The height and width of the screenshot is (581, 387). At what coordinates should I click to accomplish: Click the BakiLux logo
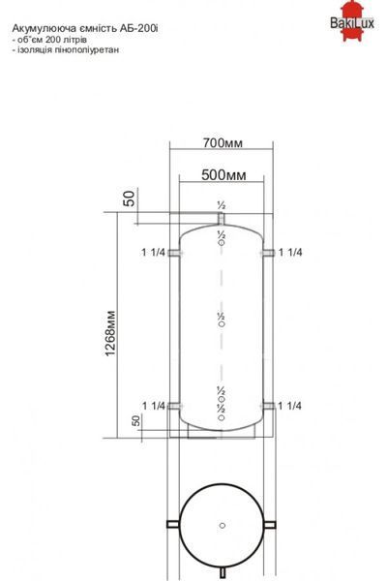click(x=352, y=21)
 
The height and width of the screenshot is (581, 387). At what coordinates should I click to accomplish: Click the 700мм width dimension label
click(x=223, y=142)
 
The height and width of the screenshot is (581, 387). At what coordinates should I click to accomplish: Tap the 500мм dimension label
click(x=223, y=175)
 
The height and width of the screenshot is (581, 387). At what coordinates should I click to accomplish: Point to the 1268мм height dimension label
click(x=110, y=333)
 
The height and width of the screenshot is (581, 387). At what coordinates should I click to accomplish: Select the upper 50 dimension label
click(x=129, y=199)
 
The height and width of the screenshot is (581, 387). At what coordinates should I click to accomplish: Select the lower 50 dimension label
click(x=135, y=420)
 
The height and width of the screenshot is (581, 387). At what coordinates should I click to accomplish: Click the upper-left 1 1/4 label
click(x=153, y=253)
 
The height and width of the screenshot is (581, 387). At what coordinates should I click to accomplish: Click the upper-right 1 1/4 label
click(x=290, y=253)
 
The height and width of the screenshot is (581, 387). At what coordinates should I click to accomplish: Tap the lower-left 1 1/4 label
click(x=154, y=406)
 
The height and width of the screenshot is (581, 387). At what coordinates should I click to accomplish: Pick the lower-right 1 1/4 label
click(x=289, y=406)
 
